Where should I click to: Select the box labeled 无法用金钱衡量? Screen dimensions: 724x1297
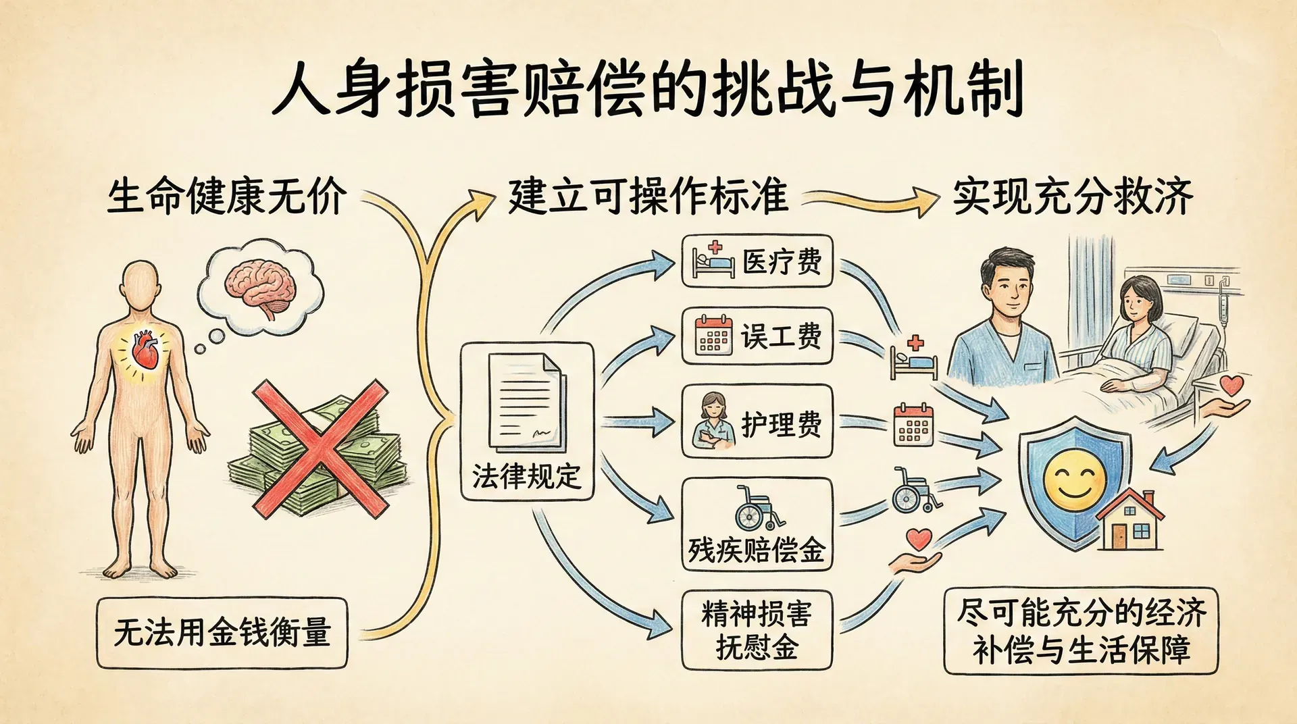pos(222,633)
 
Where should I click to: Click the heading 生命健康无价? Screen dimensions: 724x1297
pos(227,197)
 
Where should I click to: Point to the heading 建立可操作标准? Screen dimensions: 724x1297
pos(648,197)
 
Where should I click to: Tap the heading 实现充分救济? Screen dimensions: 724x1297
pos(1072,197)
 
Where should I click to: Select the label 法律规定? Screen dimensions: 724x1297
pos(526,477)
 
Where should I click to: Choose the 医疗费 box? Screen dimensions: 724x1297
pos(757,261)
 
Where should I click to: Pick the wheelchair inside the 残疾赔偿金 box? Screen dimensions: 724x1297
pos(758,508)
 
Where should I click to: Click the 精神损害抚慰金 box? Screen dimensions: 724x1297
pos(757,630)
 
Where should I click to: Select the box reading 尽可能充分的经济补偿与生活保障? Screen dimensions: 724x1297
pos(1081,631)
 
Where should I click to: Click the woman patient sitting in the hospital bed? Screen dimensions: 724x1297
pos(1135,338)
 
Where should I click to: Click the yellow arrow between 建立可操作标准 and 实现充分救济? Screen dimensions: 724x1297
pos(871,200)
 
